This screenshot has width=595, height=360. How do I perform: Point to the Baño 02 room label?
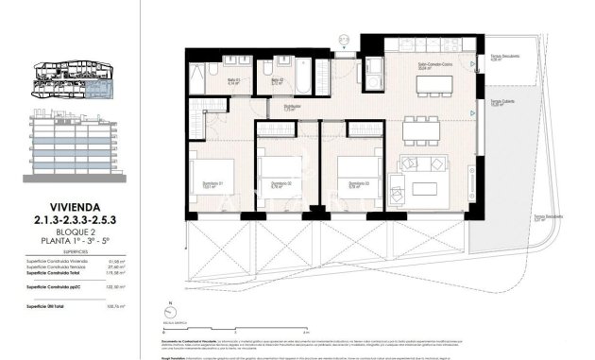click(x=278, y=80)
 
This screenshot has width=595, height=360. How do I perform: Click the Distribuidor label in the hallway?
click(x=293, y=107)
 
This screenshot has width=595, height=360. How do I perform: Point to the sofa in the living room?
click(x=430, y=170)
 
